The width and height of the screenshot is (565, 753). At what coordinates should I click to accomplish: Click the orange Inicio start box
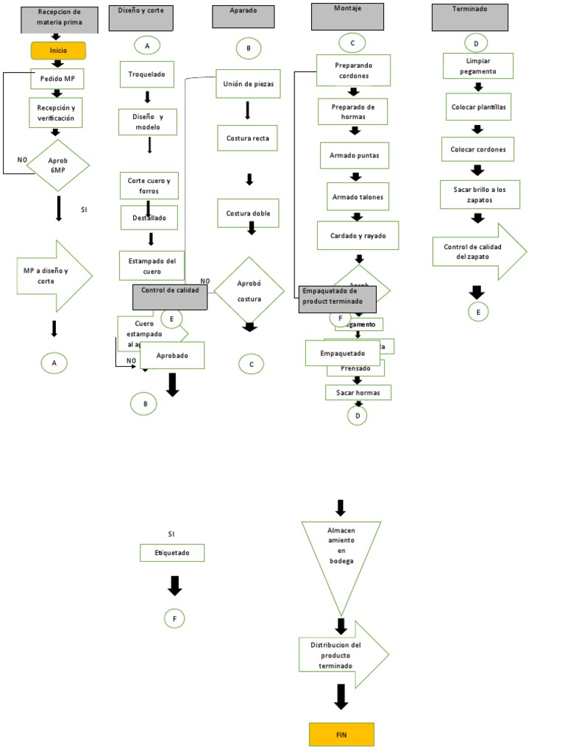click(x=58, y=51)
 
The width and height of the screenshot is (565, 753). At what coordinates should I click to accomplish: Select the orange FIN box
click(x=341, y=734)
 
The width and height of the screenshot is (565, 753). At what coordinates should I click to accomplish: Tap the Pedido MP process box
click(x=58, y=78)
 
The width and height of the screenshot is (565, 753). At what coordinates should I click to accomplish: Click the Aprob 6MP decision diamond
click(x=58, y=165)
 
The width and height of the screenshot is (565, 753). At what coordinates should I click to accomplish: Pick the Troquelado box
click(x=147, y=74)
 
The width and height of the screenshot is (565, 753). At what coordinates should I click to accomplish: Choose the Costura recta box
click(x=248, y=138)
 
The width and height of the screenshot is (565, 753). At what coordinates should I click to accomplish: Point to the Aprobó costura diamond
click(x=249, y=290)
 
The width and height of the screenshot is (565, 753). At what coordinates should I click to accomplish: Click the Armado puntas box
click(x=355, y=156)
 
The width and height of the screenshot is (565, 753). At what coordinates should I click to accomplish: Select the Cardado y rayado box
click(x=358, y=235)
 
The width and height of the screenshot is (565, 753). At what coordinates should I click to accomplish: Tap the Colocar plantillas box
click(x=478, y=107)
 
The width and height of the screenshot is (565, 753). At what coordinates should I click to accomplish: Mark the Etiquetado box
click(x=172, y=552)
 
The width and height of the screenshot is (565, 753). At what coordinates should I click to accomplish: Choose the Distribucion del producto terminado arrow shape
click(x=341, y=654)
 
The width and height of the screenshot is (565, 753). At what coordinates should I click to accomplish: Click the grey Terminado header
click(x=470, y=17)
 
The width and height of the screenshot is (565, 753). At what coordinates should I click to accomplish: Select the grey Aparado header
click(x=244, y=17)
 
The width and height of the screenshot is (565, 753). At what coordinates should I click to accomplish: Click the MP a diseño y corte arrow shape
click(x=53, y=276)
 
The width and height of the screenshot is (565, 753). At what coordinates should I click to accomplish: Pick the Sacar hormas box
click(x=358, y=393)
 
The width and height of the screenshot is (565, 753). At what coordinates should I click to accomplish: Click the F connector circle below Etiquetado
click(x=174, y=619)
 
